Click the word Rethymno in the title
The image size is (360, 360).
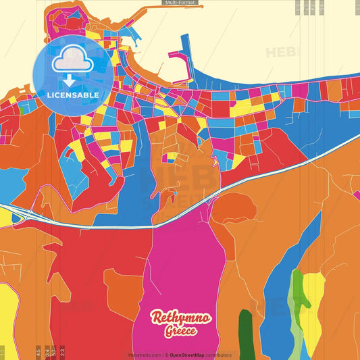180,318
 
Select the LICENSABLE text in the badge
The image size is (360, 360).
73,95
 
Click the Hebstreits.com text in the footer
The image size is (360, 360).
145,355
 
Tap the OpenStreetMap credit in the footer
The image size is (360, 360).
192,355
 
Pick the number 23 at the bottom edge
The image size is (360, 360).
62,351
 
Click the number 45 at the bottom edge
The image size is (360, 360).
38,351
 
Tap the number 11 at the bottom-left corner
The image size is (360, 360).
3,352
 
